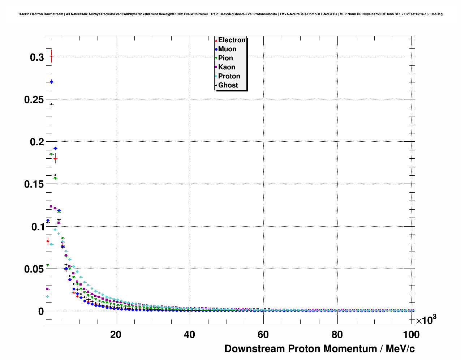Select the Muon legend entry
tap(227, 49)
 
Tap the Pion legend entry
tap(225, 58)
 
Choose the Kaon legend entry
tap(227, 67)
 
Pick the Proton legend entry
tap(229, 76)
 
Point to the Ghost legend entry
tap(228, 85)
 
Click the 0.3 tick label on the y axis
tap(37, 57)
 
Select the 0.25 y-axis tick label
tap(34, 99)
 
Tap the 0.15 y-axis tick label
tap(34, 184)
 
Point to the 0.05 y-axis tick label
tap(34, 269)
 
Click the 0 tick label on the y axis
tap(41, 311)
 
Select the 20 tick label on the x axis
tap(116, 335)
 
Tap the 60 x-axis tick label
tap(263, 335)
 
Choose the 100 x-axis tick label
tap(411, 335)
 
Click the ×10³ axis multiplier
tap(426, 320)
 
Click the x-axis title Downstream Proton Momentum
tap(319, 349)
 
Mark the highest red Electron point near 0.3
tap(51, 56)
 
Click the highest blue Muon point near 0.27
tap(51, 82)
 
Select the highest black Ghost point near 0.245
tap(51, 104)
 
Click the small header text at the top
tap(230, 14)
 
